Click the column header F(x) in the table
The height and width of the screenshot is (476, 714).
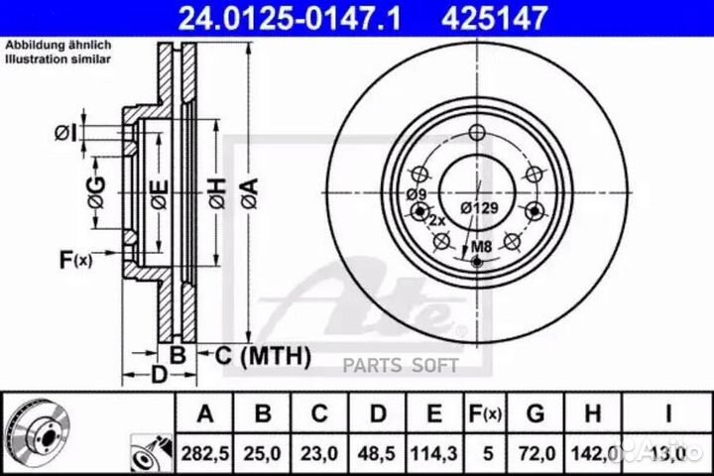click(x=486, y=414)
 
